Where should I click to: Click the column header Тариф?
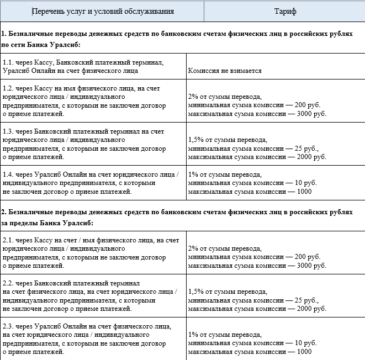(285, 11)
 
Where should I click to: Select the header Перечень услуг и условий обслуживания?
(103, 11)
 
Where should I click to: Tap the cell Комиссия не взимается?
(225, 71)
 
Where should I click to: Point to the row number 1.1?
(8, 62)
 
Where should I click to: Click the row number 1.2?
(8, 88)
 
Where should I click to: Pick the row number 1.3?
(8, 131)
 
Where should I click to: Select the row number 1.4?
(8, 174)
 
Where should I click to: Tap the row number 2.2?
(8, 283)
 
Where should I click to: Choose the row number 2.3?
(8, 326)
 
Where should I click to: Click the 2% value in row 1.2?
(194, 96)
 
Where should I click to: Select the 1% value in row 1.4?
(194, 173)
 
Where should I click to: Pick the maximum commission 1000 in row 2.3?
(304, 352)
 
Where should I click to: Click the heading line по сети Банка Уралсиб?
(41, 44)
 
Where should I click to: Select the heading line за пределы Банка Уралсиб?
(46, 223)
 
